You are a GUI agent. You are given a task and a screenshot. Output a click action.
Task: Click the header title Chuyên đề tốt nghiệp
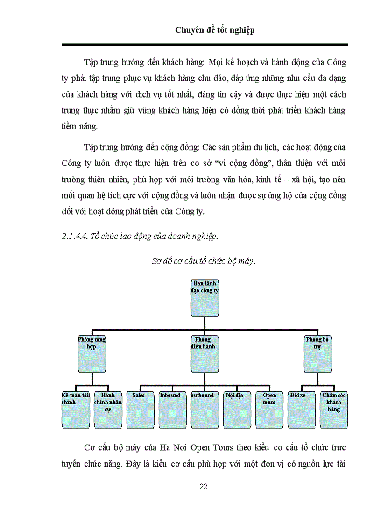pos(215,30)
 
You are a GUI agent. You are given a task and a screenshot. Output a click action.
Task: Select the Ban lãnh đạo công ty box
pos(205,298)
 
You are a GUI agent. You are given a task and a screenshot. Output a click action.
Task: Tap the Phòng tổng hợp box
pos(92,354)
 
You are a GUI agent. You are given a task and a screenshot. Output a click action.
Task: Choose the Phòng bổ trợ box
pos(317,354)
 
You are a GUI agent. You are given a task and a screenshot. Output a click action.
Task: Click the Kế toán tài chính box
pos(76,410)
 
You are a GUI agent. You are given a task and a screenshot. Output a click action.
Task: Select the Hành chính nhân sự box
pos(108,410)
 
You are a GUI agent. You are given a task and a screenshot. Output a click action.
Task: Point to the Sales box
pos(140,410)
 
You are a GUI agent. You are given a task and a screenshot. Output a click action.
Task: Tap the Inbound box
pos(172,410)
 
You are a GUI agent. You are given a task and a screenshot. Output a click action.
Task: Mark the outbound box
pos(205,410)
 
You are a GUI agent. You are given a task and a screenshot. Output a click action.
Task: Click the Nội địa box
pos(237,410)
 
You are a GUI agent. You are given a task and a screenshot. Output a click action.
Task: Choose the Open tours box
pos(269,410)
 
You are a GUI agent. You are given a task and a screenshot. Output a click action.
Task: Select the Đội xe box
pos(301,410)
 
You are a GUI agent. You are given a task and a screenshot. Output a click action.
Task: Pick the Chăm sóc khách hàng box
pos(333,410)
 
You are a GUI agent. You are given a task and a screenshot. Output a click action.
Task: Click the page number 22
pos(203,487)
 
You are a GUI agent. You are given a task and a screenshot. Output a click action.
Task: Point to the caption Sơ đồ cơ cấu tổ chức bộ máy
pos(204,261)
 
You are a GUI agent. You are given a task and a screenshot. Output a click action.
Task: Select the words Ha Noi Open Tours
pos(197,447)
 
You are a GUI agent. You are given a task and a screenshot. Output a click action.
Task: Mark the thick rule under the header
pos(205,45)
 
